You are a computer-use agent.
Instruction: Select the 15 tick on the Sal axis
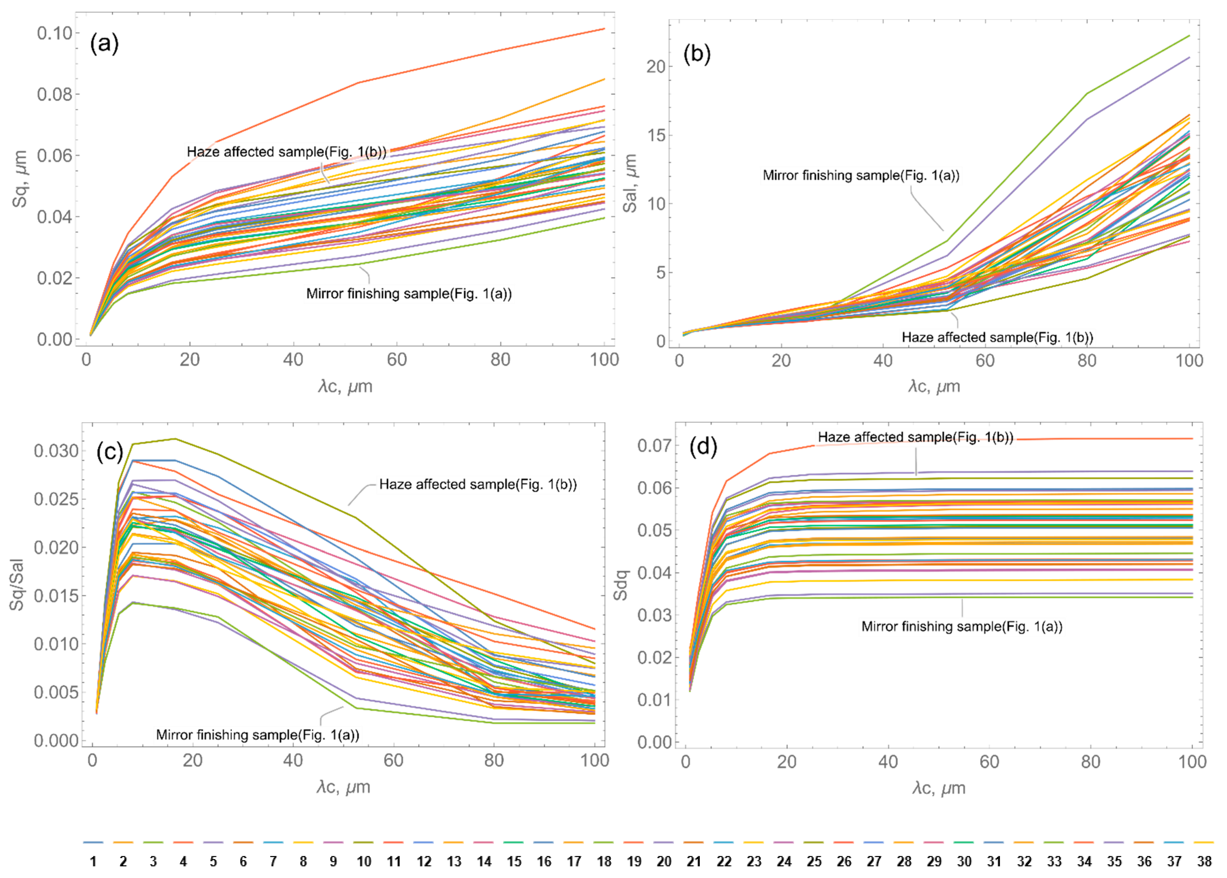click(656, 135)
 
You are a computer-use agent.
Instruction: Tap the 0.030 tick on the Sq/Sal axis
click(56, 451)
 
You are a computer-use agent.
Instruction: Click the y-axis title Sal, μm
click(630, 183)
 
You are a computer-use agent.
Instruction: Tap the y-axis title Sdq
click(622, 585)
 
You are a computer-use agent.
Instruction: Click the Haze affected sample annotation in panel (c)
click(478, 484)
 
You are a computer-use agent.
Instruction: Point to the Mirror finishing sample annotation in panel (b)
click(861, 175)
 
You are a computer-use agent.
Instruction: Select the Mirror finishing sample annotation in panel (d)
click(961, 627)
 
